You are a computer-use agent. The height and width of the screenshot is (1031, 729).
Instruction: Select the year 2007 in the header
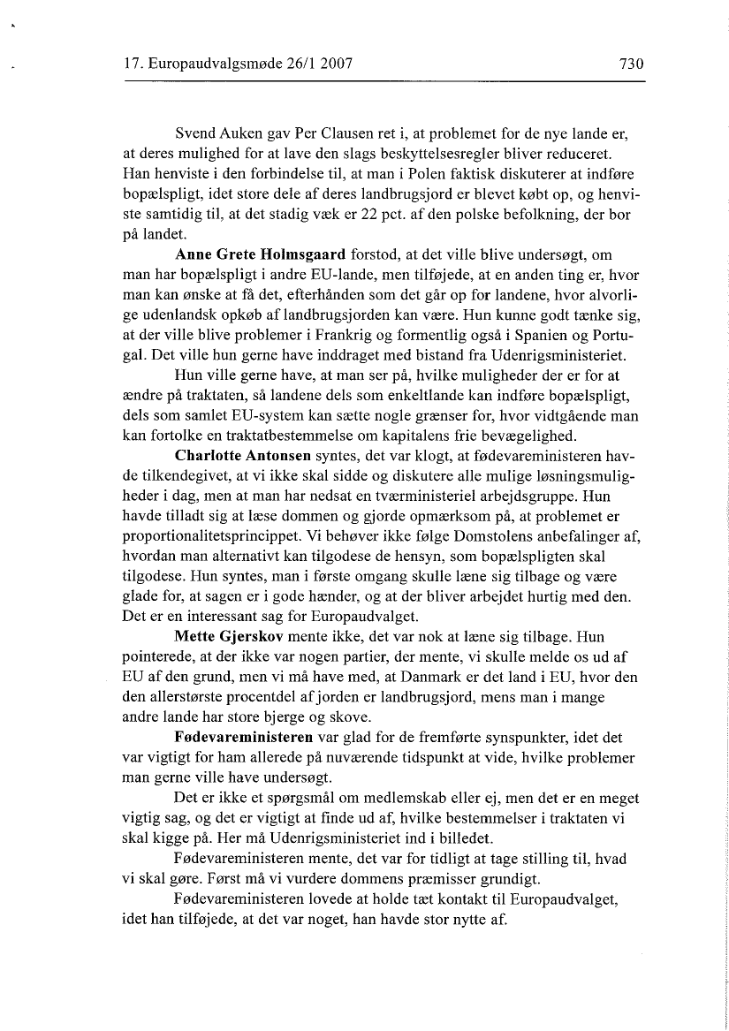[x=334, y=64]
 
